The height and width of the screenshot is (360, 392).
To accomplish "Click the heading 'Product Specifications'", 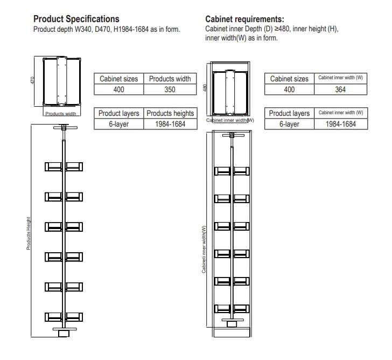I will click(76, 19).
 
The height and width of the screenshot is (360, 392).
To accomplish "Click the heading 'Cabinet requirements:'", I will click(245, 19).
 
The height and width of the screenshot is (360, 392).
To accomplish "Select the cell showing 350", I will click(170, 89).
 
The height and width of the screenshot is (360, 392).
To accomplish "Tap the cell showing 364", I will click(340, 89).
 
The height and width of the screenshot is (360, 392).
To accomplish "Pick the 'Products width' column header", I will click(170, 79).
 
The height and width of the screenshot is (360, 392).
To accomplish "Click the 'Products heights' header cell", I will click(170, 113).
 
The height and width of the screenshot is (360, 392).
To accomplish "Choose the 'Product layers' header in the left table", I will click(119, 113).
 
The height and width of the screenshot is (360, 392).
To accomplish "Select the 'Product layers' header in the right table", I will click(289, 113).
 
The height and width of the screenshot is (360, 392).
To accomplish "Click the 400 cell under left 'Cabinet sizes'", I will click(119, 89).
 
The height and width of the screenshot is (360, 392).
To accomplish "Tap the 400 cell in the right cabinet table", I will click(289, 89).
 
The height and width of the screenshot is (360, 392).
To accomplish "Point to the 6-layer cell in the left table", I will click(119, 124).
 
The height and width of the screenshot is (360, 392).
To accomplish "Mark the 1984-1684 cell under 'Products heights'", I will click(170, 124).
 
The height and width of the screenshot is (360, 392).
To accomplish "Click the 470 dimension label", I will click(33, 80).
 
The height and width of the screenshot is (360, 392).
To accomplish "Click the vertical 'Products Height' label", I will click(29, 233).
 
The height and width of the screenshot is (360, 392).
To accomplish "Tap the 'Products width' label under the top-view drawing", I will click(61, 114).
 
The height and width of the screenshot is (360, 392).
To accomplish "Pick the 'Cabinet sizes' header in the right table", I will click(289, 79).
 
